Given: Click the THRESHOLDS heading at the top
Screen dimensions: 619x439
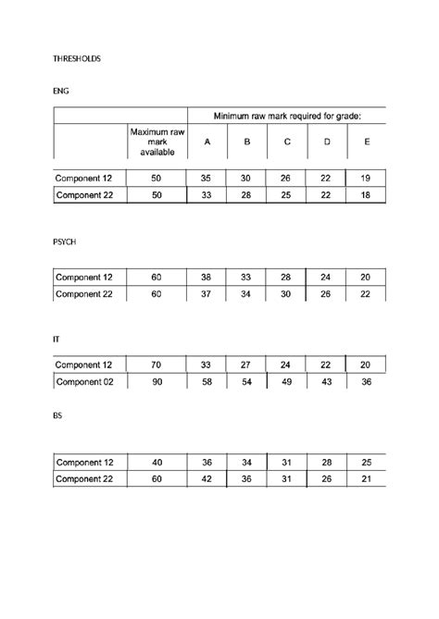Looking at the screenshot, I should click(76, 58).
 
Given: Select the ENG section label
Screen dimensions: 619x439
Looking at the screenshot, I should click(61, 92).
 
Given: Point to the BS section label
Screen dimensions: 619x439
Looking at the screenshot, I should click(58, 415).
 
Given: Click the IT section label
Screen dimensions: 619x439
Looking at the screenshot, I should click(56, 340).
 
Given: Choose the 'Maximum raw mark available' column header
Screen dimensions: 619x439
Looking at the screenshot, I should click(157, 142).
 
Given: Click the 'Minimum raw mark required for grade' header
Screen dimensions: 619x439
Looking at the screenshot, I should click(287, 116).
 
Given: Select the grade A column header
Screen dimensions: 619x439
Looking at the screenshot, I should click(207, 142).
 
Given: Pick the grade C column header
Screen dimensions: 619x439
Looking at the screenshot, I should click(287, 142).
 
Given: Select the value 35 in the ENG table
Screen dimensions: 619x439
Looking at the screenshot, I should click(207, 178).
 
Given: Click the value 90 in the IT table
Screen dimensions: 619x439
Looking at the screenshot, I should click(157, 381).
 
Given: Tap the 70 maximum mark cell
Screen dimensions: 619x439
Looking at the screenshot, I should click(157, 365).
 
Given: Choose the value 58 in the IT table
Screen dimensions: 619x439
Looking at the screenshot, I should click(207, 381).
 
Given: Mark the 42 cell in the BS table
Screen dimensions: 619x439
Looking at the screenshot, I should click(207, 478).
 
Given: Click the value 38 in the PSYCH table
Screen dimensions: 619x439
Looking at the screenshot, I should click(207, 277).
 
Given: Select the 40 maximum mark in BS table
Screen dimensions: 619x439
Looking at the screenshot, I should click(157, 462).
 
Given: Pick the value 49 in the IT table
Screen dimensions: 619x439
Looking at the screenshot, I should click(287, 381).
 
